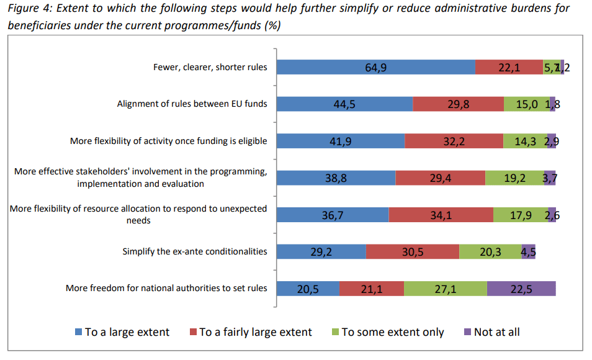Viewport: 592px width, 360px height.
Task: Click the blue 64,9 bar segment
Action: click(375, 68)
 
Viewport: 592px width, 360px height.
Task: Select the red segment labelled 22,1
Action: click(509, 68)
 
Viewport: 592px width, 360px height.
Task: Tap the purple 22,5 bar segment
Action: click(521, 289)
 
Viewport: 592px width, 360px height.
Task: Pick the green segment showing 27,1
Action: click(445, 289)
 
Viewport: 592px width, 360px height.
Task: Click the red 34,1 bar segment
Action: click(441, 215)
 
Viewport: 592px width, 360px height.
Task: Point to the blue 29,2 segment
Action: click(321, 251)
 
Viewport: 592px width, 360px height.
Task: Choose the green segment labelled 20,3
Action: click(490, 251)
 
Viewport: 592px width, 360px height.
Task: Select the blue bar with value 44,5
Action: click(344, 104)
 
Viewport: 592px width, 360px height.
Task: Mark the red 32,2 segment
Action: click(454, 141)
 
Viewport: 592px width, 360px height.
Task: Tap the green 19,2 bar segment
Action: click(514, 178)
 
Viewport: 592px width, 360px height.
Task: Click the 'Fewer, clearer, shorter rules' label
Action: click(210, 67)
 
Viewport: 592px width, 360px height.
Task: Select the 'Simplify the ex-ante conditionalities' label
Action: click(195, 251)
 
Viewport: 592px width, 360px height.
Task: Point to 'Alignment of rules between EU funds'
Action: click(192, 104)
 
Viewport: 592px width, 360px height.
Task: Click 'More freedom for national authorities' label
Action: click(166, 288)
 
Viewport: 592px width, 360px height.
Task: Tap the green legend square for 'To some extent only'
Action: click(335, 332)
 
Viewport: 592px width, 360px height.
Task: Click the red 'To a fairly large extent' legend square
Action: click(193, 332)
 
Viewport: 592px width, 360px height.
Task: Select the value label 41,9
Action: click(340, 141)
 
